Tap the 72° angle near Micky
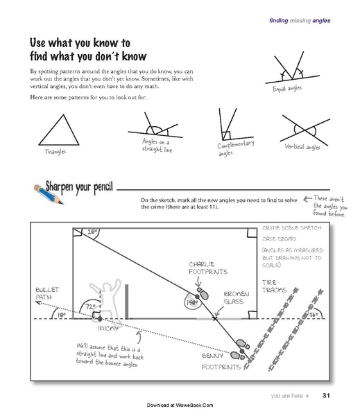(x=89, y=306)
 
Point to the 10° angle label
(x=62, y=314)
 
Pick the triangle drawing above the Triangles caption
(x=54, y=130)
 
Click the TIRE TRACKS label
(x=273, y=286)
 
